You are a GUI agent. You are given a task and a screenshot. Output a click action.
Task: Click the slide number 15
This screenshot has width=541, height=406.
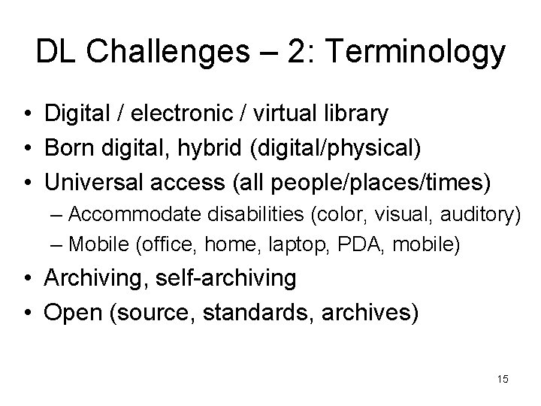click(x=503, y=380)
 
